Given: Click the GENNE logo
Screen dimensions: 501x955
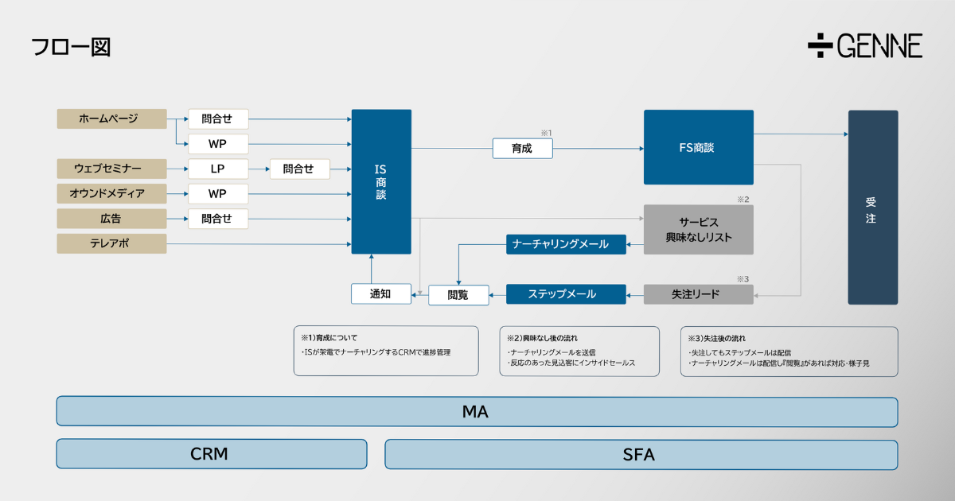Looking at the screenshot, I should (x=865, y=46).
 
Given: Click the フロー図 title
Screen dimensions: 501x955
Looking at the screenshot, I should (x=70, y=47).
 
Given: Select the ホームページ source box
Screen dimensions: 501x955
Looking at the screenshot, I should (x=111, y=118).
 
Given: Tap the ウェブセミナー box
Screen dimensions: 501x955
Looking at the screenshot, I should (x=111, y=169).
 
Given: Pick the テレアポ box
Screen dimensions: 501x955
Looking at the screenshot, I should (x=111, y=243).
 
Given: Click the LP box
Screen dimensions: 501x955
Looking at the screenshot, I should (x=218, y=169).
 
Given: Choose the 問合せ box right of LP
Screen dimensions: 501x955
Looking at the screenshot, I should (x=299, y=169).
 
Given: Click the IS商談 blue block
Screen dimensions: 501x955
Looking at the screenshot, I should (x=381, y=181).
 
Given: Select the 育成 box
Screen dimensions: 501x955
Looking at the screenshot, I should (x=522, y=148).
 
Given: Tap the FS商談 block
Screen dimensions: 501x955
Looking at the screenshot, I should (x=698, y=147).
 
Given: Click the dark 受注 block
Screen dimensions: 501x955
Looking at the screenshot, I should (x=872, y=207).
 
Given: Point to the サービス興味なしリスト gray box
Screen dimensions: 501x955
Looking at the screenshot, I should (x=698, y=230).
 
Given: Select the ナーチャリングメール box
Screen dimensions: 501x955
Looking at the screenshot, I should (x=566, y=244).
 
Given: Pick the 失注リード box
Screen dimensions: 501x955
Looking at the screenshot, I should (x=698, y=294).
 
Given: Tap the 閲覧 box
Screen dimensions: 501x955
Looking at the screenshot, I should (x=458, y=294).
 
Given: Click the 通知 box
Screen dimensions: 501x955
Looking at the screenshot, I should (x=381, y=293).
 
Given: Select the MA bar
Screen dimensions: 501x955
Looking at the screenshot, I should (x=476, y=412).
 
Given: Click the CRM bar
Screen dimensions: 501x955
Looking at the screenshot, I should (x=211, y=454).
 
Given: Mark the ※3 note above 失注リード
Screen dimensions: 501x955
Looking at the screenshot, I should (x=743, y=278).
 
